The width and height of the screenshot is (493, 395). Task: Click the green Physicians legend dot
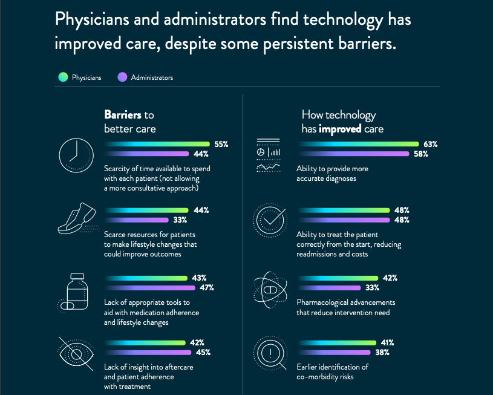(x=63, y=77)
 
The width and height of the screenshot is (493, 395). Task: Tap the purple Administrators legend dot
(x=122, y=77)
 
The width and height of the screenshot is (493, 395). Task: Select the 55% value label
(x=221, y=144)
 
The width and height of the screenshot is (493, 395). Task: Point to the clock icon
(x=75, y=155)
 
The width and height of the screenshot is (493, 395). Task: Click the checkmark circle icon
(x=268, y=220)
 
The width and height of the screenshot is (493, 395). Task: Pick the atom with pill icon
(x=267, y=290)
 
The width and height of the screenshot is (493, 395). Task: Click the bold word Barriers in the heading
(x=123, y=115)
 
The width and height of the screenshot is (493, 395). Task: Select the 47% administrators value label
(x=207, y=287)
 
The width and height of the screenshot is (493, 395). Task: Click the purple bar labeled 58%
(x=354, y=154)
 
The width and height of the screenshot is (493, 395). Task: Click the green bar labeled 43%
(x=146, y=278)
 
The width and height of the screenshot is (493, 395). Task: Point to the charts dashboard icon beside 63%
(x=268, y=154)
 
